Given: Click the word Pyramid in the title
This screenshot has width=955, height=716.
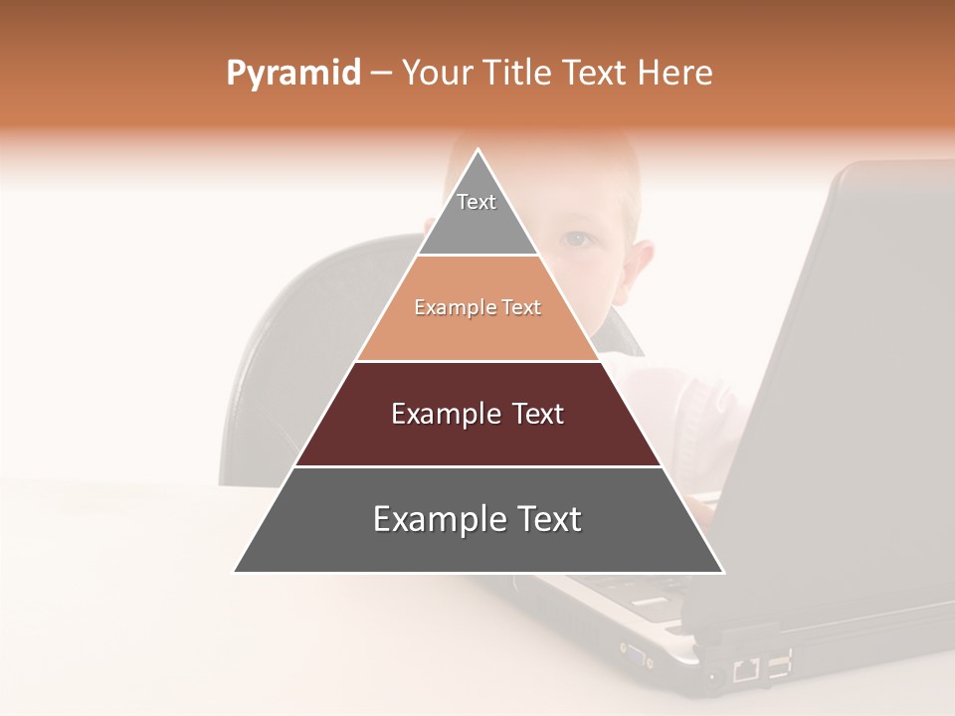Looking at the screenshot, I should pyautogui.click(x=292, y=74).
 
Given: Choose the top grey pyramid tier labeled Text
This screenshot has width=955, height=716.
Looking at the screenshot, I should pyautogui.click(x=477, y=214).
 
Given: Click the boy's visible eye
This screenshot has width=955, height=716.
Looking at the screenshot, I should pyautogui.click(x=577, y=240).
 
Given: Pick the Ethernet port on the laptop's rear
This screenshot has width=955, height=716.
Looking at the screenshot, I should pyautogui.click(x=746, y=670).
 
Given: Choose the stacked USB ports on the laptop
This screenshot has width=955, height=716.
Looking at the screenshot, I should pyautogui.click(x=779, y=663).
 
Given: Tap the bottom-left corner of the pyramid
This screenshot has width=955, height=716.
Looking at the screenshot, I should pyautogui.click(x=235, y=572).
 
